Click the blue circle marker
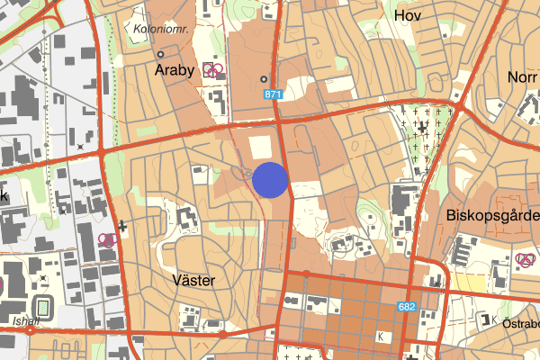(x=270, y=179)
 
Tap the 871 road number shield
(x=274, y=94)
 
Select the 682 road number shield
(x=407, y=308)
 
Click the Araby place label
(x=175, y=71)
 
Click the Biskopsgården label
(x=491, y=216)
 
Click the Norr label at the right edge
(x=523, y=76)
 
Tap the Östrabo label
(x=520, y=323)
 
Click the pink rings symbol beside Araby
(x=213, y=68)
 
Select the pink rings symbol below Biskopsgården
(x=526, y=261)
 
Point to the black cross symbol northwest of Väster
(x=121, y=228)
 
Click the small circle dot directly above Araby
(x=159, y=53)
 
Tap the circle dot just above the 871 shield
(x=264, y=78)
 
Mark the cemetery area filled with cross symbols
(x=424, y=135)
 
